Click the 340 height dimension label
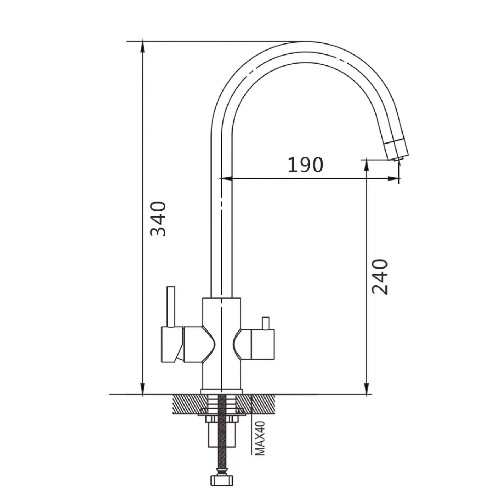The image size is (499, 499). pyautogui.click(x=158, y=219)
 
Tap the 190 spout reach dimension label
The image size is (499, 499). pyautogui.click(x=305, y=165)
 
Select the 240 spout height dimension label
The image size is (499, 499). pyautogui.click(x=380, y=277)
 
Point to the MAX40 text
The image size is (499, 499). pyautogui.click(x=260, y=438)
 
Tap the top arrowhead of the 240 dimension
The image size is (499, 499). pyautogui.click(x=367, y=165)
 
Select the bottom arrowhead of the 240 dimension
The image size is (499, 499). pyautogui.click(x=367, y=389)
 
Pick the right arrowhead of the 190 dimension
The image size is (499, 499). pyautogui.click(x=393, y=179)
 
